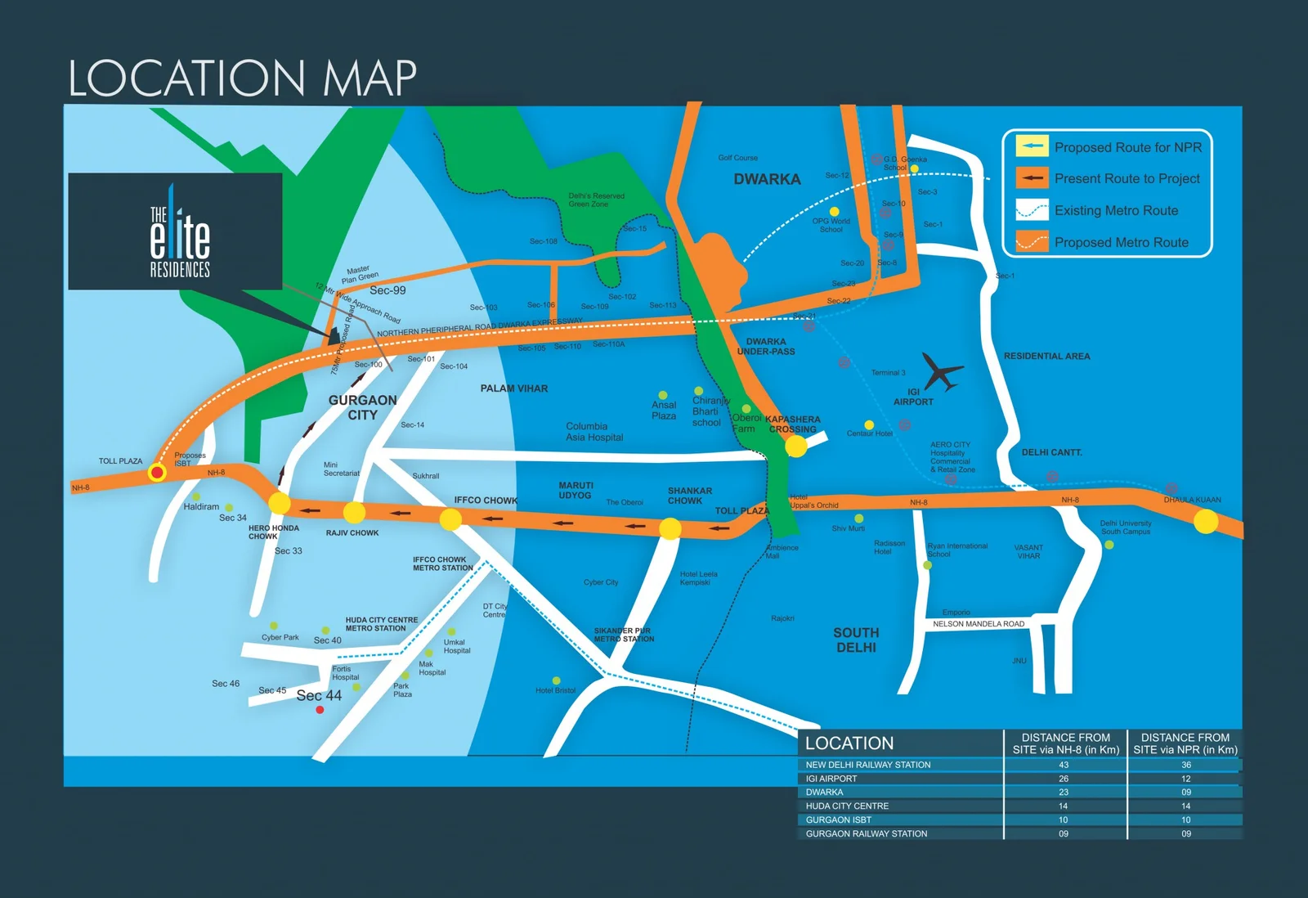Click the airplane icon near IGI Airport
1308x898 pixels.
942,372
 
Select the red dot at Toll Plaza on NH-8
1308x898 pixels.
157,473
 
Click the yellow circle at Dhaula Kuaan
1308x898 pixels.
1206,521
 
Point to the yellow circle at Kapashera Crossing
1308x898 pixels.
795,447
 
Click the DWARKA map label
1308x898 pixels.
767,179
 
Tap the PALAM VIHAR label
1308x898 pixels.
514,388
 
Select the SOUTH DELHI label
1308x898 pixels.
856,640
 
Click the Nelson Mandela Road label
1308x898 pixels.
979,624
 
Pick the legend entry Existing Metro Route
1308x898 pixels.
1116,211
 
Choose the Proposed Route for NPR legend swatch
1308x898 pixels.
1032,146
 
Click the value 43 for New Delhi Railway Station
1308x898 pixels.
1064,766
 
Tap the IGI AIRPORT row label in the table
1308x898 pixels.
831,779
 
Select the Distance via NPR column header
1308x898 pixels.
1185,743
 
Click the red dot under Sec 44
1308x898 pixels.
320,710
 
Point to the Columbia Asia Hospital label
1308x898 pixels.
594,432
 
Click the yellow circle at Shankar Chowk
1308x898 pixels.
670,528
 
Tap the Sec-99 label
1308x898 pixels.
387,290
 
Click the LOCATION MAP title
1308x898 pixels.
242,79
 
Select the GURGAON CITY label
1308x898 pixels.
362,407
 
